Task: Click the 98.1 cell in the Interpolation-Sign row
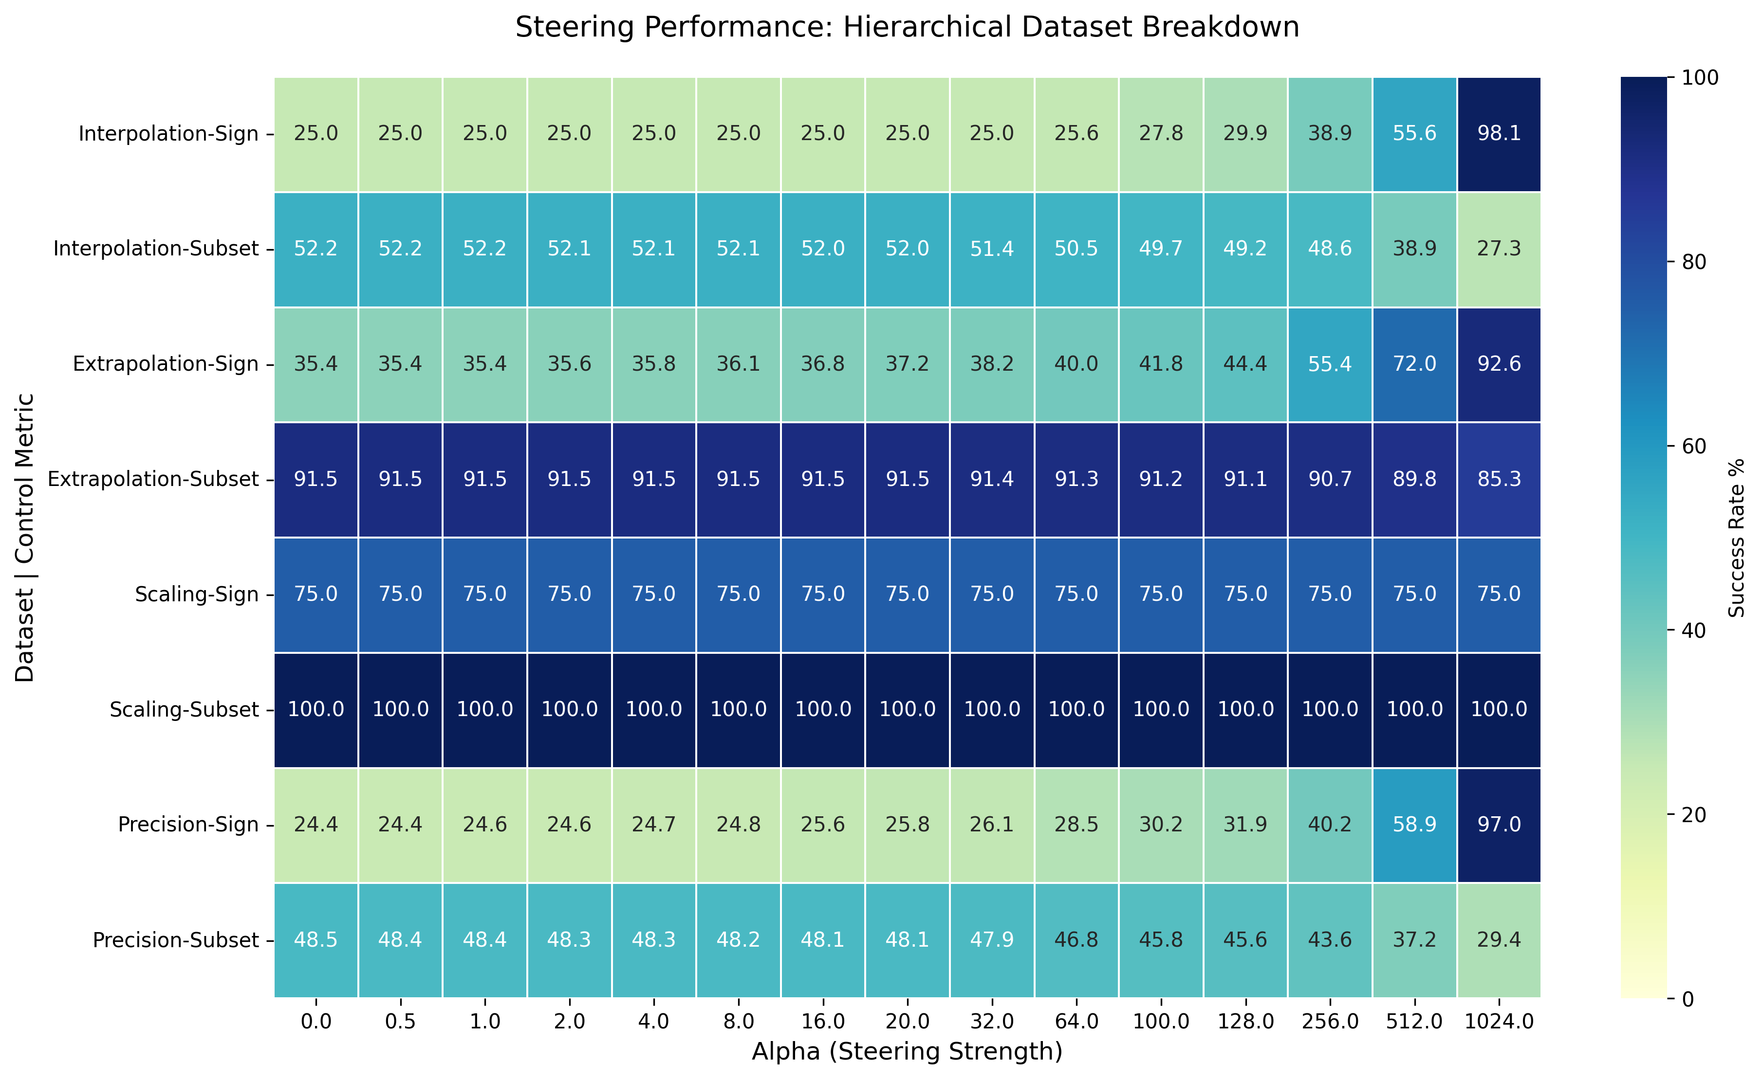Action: [1499, 134]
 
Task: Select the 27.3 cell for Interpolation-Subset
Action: [1499, 249]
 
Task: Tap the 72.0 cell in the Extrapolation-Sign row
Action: [1414, 364]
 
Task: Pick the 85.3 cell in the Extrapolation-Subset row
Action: [1499, 479]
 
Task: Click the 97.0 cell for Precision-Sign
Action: [1499, 825]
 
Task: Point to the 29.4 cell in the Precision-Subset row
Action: [1499, 939]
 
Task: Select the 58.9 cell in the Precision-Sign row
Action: [1414, 825]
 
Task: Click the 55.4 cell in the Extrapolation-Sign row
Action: [1330, 364]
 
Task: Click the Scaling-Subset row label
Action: [184, 709]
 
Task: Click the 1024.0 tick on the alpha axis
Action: [1499, 1022]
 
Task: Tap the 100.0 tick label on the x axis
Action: [1161, 1022]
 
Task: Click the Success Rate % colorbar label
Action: [1737, 538]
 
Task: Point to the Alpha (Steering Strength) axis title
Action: [907, 1052]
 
